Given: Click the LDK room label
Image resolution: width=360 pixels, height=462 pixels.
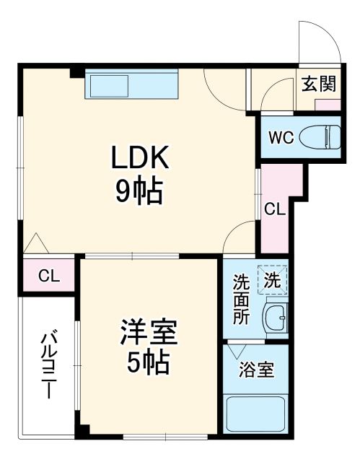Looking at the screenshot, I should pos(139,157).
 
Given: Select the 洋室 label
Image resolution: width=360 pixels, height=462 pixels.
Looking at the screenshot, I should pos(148,333).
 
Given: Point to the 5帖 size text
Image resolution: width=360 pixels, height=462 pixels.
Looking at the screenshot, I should pos(148,361).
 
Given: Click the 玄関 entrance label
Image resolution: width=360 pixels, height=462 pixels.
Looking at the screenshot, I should pos(318,84).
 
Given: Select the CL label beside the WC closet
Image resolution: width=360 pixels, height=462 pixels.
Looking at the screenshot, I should pos(275,210).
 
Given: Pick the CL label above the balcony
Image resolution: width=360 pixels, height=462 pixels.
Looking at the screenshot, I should pos(48,275).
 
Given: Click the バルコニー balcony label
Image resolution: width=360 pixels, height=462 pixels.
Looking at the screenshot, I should pos(48,365).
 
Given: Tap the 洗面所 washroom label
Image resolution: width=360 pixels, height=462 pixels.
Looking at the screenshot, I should pos(240,298).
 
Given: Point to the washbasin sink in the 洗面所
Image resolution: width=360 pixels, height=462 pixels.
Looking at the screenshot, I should pos(275,315).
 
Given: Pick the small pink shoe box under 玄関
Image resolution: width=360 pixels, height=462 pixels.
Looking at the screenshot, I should pos(327,103).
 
